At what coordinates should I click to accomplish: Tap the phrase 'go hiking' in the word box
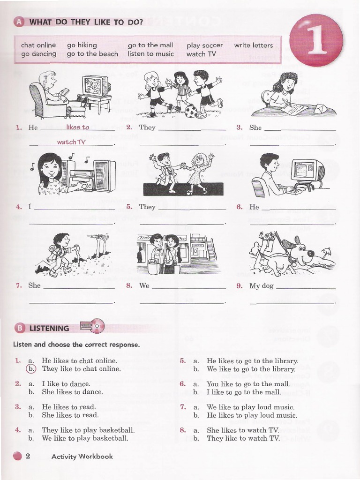(82, 45)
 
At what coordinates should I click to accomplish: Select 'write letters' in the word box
(253, 45)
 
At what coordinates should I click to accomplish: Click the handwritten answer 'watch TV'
(71, 142)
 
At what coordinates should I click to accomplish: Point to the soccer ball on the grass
(191, 111)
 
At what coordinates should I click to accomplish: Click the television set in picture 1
(95, 87)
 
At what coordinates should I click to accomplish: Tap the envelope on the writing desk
(322, 108)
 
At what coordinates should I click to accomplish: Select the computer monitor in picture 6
(307, 171)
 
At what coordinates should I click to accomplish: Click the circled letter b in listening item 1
(31, 368)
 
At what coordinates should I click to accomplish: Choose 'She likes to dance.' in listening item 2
(72, 392)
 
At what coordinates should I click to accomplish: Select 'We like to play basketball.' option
(85, 438)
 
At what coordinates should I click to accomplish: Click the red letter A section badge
(19, 22)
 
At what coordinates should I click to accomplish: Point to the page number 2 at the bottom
(28, 456)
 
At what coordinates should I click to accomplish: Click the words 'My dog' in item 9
(261, 285)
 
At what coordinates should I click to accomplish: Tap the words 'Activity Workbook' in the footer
(82, 456)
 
